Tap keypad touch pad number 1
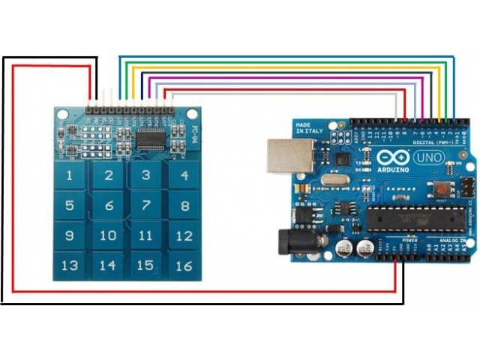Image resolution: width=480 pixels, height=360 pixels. [x=70, y=177]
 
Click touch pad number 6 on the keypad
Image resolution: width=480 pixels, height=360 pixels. [x=109, y=205]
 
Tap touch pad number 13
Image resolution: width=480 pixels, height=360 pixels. [x=70, y=264]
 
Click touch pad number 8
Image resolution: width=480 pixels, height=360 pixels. [x=183, y=205]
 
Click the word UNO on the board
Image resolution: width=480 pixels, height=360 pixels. [x=428, y=159]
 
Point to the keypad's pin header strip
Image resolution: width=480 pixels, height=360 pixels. [x=130, y=109]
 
